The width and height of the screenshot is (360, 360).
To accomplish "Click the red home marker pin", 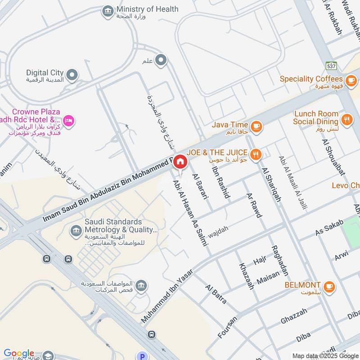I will coord(180,162).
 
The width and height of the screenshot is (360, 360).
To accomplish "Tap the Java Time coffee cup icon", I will coord(256,126).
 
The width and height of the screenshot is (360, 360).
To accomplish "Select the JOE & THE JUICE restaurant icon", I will coord(256,155).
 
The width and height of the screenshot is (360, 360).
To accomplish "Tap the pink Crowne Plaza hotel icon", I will coord(69,120).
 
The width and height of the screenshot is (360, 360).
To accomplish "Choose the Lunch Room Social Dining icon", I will coord(346,119).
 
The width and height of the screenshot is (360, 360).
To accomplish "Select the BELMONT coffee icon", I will coord(329,286).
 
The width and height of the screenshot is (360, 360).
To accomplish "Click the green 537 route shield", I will coord(332,66).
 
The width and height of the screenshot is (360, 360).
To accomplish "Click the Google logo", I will coord(19,353).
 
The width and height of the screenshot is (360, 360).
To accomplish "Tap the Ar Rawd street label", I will coord(253,206).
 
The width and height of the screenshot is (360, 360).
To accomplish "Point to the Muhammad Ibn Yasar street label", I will coord(167,296).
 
